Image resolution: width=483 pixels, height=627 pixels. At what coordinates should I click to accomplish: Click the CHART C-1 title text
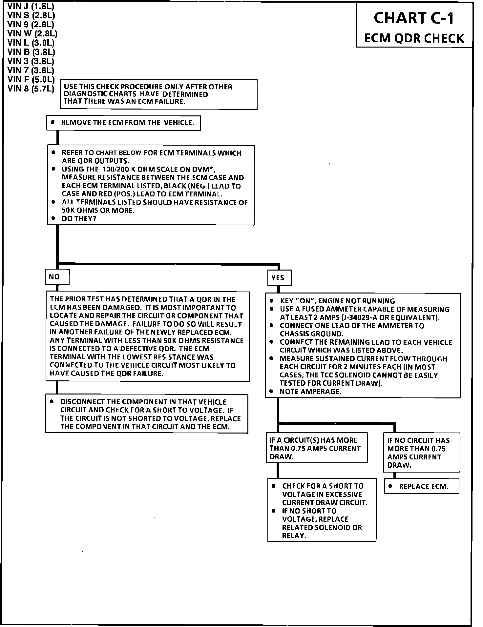[x=414, y=18]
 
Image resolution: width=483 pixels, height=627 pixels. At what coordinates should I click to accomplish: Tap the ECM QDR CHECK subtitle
[x=414, y=38]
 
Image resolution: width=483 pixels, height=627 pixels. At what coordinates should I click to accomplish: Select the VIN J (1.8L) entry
[x=31, y=6]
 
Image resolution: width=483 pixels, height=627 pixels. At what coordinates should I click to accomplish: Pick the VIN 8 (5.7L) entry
[x=31, y=89]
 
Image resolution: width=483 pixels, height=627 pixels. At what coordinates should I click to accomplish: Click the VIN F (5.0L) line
[x=31, y=80]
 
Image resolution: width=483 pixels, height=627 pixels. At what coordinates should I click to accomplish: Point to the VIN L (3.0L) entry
[x=31, y=43]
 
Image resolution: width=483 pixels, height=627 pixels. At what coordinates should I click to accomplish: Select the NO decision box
[x=57, y=277]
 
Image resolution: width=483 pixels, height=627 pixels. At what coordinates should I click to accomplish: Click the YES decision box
[x=279, y=278]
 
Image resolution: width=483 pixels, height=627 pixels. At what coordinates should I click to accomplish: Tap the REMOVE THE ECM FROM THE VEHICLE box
[x=123, y=123]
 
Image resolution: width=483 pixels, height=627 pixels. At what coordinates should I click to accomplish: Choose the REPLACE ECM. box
[x=422, y=486]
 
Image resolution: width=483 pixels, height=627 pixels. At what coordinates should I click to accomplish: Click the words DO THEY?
[x=79, y=219]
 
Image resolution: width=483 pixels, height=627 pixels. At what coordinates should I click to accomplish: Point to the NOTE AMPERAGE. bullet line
[x=310, y=392]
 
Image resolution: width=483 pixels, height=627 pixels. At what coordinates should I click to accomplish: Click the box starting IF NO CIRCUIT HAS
[x=421, y=453]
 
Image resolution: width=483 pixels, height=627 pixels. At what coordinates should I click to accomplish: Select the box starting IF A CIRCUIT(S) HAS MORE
[x=316, y=448]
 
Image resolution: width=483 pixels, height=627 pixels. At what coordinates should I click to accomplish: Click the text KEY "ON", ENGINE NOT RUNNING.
[x=338, y=301]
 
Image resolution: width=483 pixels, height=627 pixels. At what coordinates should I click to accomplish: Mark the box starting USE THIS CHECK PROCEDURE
[x=158, y=94]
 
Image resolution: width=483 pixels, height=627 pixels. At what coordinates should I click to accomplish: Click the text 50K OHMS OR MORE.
[x=98, y=211]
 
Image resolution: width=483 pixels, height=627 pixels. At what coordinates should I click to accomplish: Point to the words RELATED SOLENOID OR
[x=322, y=528]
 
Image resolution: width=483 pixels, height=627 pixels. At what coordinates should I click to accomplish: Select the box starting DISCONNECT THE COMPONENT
[x=147, y=414]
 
